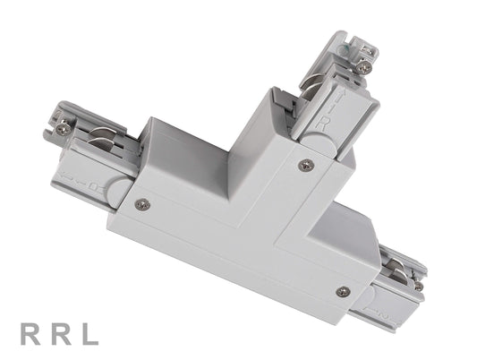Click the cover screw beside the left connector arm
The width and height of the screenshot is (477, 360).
point(141,203)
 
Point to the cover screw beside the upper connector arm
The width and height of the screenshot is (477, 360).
point(305,165)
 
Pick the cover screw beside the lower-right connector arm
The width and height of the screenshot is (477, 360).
point(342,291)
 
